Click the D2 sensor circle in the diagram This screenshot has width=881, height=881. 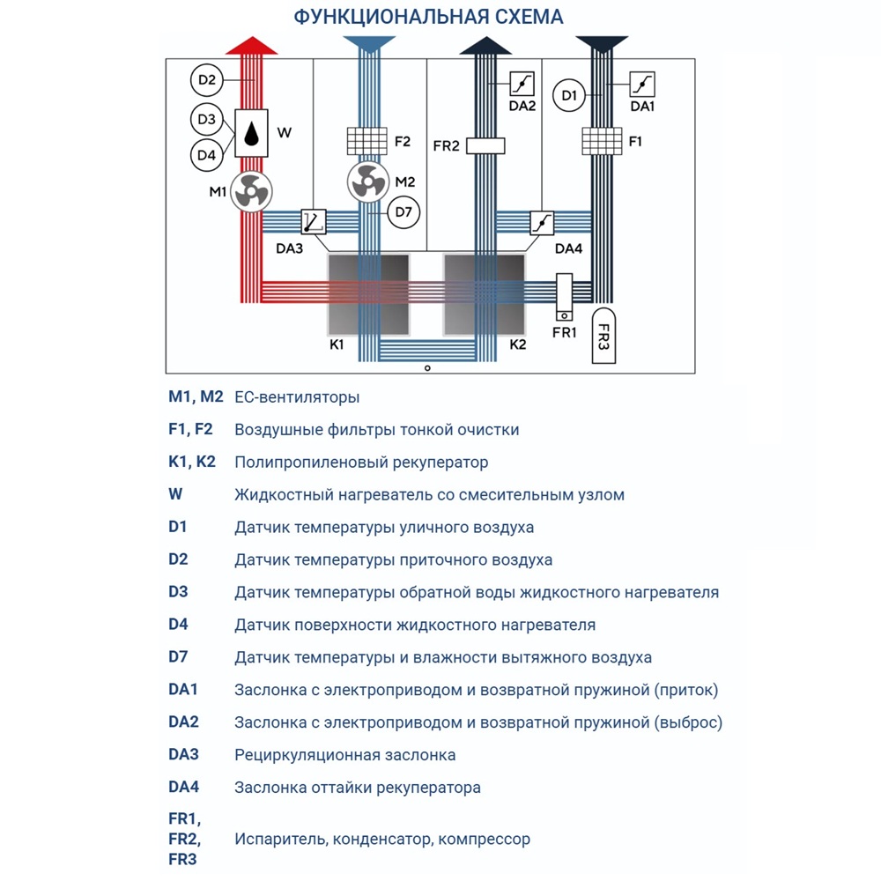206,81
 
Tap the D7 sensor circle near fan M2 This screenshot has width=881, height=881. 403,211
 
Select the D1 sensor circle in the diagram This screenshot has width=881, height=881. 569,95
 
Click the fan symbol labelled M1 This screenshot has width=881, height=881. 252,191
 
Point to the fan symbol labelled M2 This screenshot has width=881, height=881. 368,181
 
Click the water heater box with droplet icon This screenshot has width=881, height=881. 252,133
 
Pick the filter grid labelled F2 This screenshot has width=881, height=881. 368,141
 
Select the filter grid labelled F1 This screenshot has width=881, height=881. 603,141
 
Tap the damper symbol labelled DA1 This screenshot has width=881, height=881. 642,84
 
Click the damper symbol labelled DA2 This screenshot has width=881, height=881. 522,84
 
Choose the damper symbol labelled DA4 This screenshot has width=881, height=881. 542,222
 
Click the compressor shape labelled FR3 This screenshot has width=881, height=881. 603,336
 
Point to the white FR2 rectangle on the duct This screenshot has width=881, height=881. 485,146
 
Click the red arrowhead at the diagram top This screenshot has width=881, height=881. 252,46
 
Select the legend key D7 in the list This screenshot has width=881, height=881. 178,657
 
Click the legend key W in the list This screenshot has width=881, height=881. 174,494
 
